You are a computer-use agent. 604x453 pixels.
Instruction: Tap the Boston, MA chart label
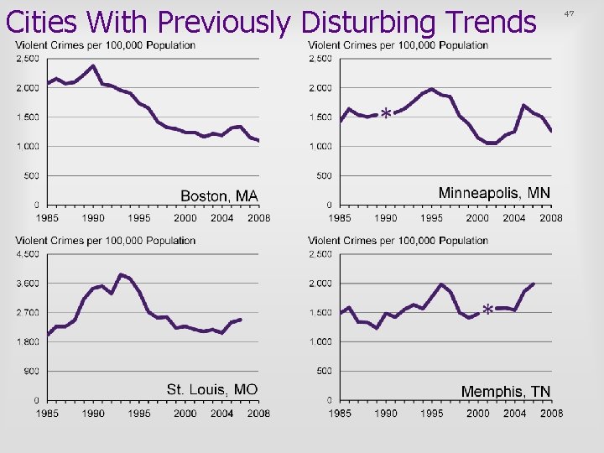tap(220, 195)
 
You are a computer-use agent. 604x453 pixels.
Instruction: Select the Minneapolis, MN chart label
tap(494, 193)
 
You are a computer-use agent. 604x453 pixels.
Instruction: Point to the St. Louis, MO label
tap(212, 389)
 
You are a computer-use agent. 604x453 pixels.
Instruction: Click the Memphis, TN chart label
tap(506, 392)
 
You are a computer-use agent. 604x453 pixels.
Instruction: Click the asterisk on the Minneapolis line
tap(385, 113)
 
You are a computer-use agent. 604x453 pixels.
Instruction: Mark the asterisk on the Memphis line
tap(487, 310)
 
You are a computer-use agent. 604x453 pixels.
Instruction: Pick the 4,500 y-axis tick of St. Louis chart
tap(27, 253)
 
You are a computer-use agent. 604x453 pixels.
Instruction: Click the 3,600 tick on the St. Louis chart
tap(27, 283)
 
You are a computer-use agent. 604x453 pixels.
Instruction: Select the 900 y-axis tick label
tap(30, 371)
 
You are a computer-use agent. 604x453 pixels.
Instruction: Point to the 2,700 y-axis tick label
tap(27, 312)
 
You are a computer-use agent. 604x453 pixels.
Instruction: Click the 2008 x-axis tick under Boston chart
tap(258, 218)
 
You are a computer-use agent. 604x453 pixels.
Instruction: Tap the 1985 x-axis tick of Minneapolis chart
tap(340, 218)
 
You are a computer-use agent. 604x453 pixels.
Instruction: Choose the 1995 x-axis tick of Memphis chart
tap(432, 414)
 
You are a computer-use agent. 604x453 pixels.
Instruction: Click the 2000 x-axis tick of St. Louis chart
tap(185, 414)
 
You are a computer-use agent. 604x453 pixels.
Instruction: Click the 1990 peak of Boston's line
tap(93, 65)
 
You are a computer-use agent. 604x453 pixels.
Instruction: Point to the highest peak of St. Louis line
tap(121, 274)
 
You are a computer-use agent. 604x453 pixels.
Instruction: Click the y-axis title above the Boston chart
tap(106, 45)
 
